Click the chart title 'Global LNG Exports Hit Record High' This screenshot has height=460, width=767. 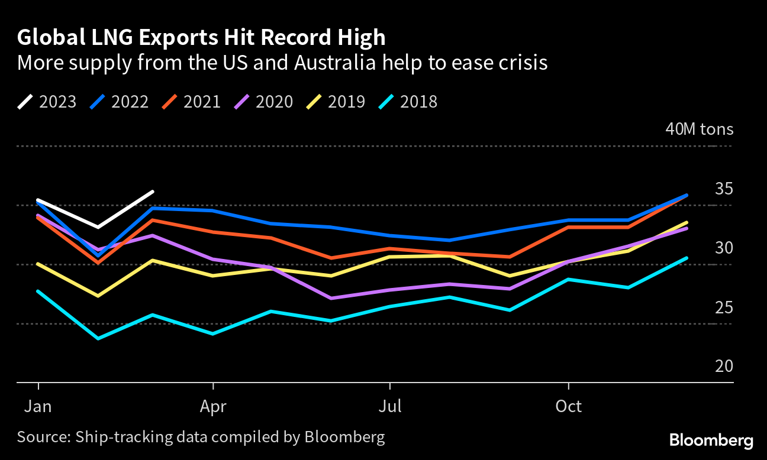pyautogui.click(x=201, y=38)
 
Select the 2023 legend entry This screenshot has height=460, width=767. pyautogui.click(x=47, y=102)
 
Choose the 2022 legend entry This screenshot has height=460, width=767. pyautogui.click(x=120, y=102)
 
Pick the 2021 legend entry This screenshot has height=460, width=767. pyautogui.click(x=192, y=102)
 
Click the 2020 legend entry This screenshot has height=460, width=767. pyautogui.click(x=264, y=102)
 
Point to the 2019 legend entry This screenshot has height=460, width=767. pyautogui.click(x=336, y=102)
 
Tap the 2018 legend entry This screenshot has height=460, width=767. pyautogui.click(x=408, y=102)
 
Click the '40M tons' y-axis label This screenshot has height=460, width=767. pyautogui.click(x=699, y=129)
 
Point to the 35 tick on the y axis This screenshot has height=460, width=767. pyautogui.click(x=724, y=189)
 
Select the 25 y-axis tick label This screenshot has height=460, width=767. pyautogui.click(x=724, y=308)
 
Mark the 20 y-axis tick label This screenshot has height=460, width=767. pyautogui.click(x=724, y=367)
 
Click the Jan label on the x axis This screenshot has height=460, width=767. pyautogui.click(x=38, y=407)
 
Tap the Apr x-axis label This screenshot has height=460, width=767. pyautogui.click(x=213, y=407)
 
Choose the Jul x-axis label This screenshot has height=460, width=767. pyautogui.click(x=389, y=407)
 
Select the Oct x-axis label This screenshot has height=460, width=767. pyautogui.click(x=568, y=407)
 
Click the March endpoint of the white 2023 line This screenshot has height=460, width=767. pyautogui.click(x=153, y=192)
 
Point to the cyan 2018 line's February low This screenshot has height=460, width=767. pyautogui.click(x=98, y=338)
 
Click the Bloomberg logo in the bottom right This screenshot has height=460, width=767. pyautogui.click(x=711, y=440)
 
